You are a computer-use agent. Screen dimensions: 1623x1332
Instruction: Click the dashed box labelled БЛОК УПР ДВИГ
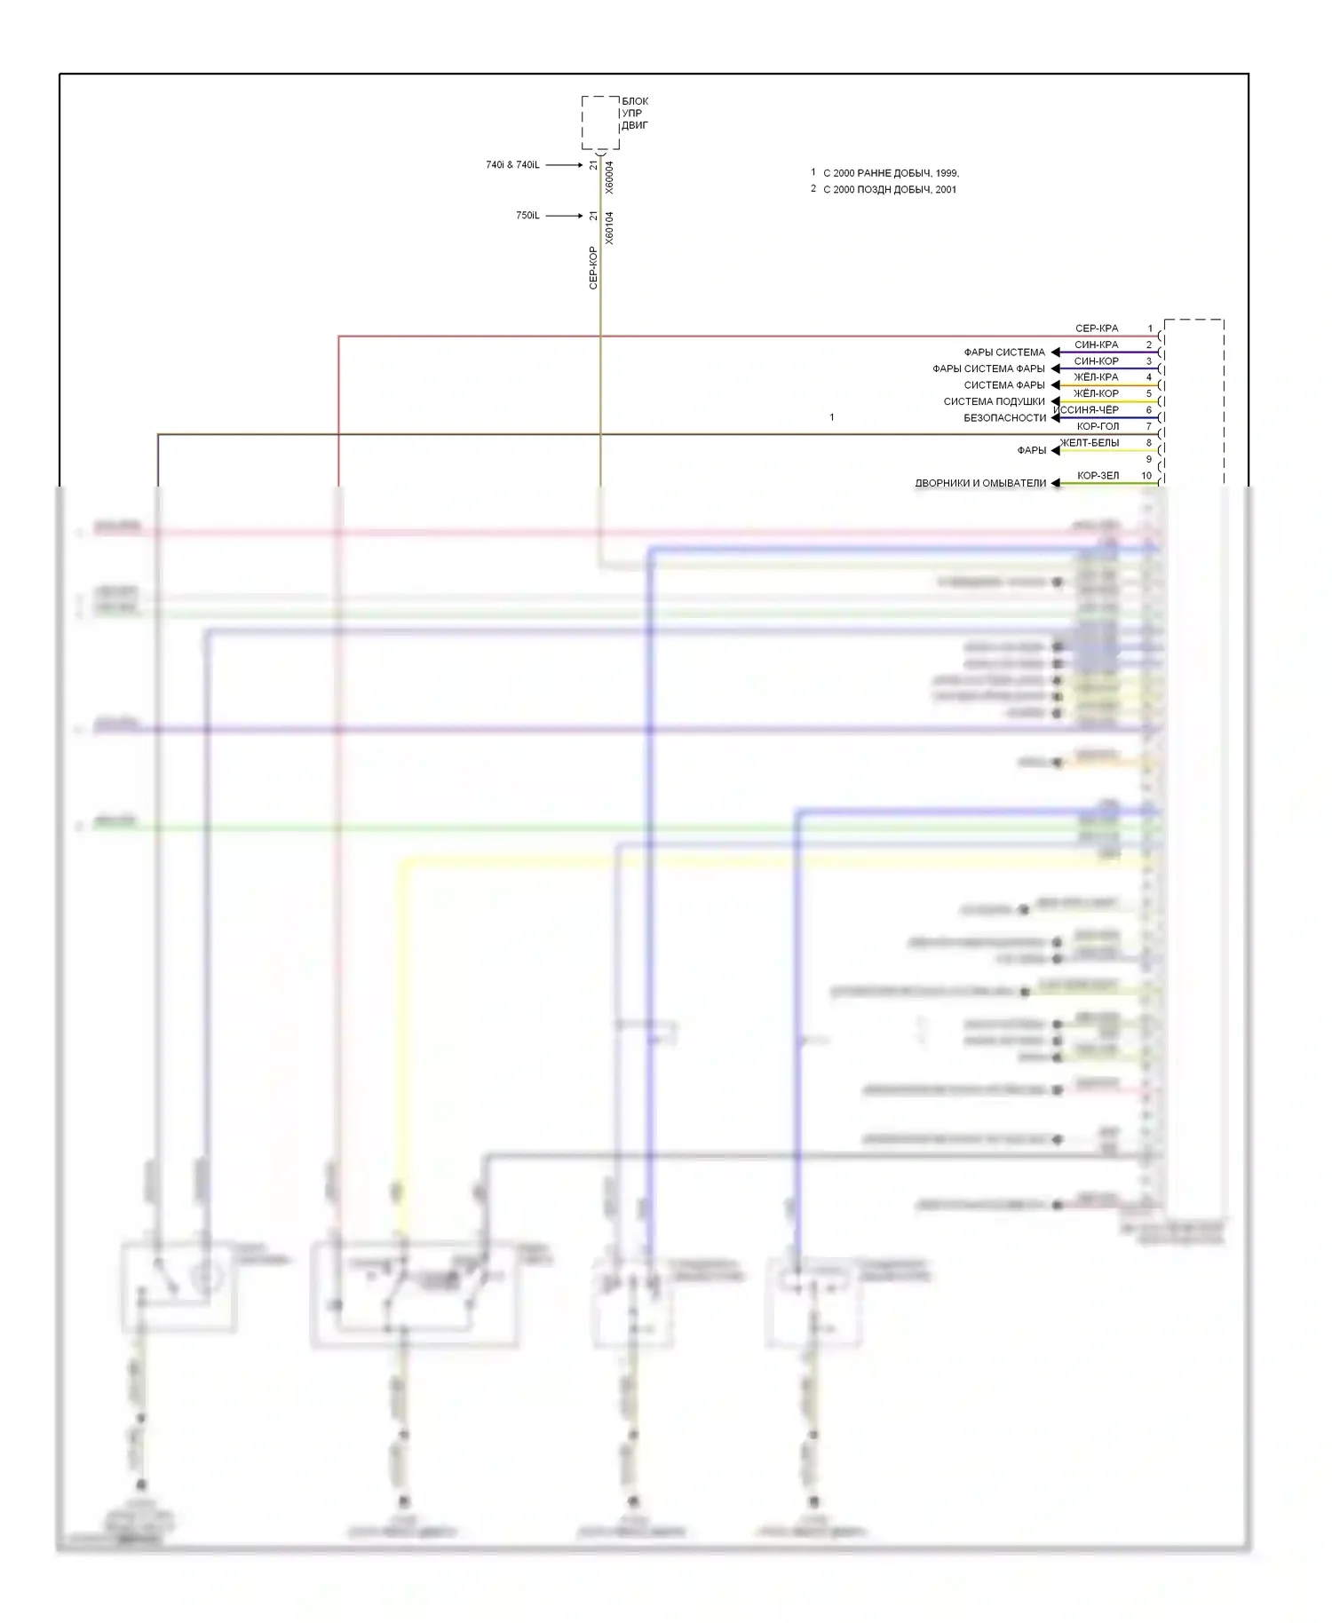click(600, 123)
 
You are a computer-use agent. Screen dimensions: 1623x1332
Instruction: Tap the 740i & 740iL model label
click(512, 165)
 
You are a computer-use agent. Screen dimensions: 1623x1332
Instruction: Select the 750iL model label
click(527, 216)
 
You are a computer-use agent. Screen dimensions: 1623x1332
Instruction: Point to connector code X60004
click(609, 177)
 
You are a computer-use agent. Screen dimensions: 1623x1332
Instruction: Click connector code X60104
click(609, 228)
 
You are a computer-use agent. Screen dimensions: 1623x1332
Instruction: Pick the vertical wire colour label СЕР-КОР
click(593, 268)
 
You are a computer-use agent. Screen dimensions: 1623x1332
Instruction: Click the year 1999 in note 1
click(947, 173)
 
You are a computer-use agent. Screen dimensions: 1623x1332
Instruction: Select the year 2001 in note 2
click(946, 190)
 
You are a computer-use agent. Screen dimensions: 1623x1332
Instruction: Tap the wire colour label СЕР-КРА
click(1097, 329)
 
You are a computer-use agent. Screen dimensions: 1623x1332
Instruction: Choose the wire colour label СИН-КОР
click(1097, 361)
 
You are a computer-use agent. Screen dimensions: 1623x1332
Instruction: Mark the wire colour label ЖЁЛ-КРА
click(1096, 377)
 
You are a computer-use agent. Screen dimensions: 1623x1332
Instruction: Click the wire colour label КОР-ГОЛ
click(1098, 426)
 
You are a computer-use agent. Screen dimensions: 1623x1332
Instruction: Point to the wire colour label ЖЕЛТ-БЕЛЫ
click(1090, 443)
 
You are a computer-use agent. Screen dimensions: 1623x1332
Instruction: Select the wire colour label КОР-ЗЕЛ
click(1098, 476)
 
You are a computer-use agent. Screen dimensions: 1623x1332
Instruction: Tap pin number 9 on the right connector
click(1148, 460)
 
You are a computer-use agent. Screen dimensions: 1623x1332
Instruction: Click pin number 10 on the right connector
click(1146, 476)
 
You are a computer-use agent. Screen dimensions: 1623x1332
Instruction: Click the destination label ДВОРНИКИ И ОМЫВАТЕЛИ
click(980, 484)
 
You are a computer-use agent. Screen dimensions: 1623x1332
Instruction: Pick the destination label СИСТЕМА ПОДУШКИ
click(994, 402)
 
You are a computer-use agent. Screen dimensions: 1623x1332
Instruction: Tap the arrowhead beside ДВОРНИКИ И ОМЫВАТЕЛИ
click(1055, 484)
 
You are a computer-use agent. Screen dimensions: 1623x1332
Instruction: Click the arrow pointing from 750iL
click(564, 216)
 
